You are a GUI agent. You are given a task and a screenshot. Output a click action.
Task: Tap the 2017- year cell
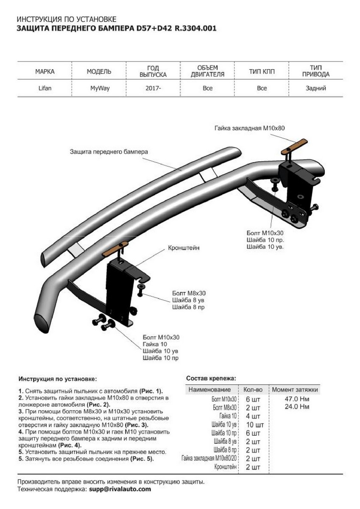click(153, 88)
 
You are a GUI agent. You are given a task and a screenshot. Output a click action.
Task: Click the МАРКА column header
click(45, 71)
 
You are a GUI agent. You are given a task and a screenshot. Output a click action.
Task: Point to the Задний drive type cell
click(315, 88)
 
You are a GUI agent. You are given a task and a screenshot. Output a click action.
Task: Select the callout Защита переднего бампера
click(109, 151)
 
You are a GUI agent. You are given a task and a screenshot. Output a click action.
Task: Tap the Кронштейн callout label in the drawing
click(184, 247)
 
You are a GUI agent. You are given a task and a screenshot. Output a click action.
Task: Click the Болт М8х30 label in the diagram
click(189, 293)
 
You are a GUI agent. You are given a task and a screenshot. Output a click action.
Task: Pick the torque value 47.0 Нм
click(297, 399)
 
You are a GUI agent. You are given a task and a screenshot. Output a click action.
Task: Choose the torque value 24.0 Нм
click(297, 407)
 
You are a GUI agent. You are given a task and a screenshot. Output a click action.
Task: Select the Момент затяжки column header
click(295, 389)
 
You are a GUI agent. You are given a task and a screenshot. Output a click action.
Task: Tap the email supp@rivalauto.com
click(120, 489)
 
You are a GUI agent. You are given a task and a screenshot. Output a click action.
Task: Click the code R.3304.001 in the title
click(195, 29)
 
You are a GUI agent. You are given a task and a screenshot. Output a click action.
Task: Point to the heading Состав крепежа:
click(211, 378)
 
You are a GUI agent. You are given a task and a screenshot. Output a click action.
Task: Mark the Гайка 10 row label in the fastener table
click(228, 416)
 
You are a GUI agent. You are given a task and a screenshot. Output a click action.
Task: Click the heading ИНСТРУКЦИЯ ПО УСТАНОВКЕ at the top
click(66, 20)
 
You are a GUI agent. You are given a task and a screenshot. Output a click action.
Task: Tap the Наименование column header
click(209, 389)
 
